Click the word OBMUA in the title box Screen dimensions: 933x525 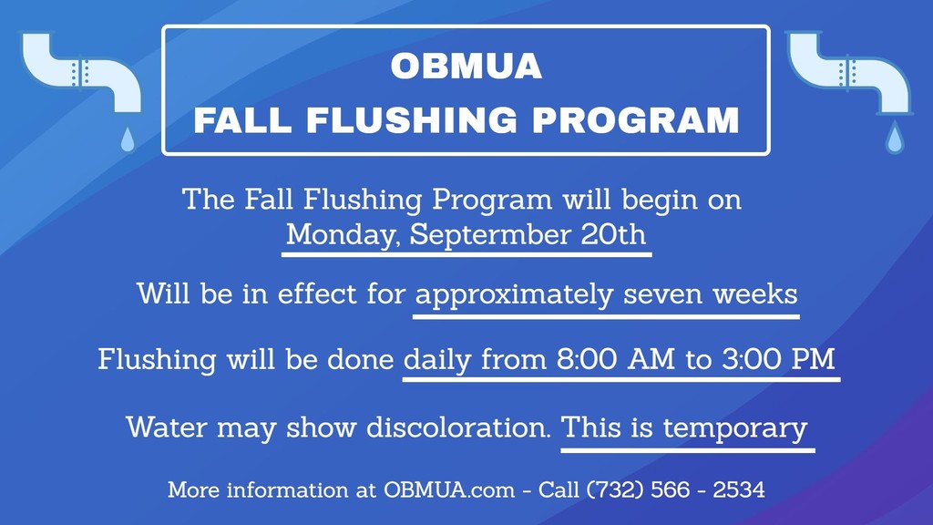click(x=466, y=66)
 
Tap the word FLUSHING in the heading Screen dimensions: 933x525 click(x=412, y=120)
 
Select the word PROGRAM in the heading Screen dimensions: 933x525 click(x=635, y=120)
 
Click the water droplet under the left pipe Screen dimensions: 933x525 click(x=128, y=139)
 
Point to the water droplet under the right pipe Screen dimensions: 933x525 click(x=895, y=138)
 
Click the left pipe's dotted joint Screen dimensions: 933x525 click(x=81, y=72)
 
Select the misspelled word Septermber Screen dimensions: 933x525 click(x=489, y=234)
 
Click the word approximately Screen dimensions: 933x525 click(x=514, y=294)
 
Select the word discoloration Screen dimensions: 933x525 click(x=458, y=427)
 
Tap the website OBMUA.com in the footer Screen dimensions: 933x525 click(x=449, y=489)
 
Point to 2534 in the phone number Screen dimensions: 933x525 click(x=738, y=489)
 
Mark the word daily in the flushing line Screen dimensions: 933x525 click(x=437, y=360)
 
